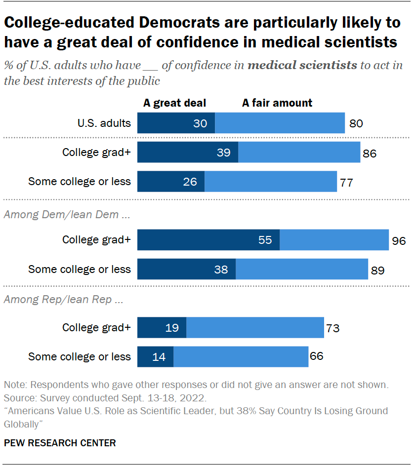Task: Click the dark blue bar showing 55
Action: tap(208, 240)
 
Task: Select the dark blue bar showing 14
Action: tap(155, 356)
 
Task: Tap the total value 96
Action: tap(399, 241)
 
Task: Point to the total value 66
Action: tap(316, 356)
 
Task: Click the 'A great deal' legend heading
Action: tap(174, 103)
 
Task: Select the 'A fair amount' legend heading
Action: tap(277, 103)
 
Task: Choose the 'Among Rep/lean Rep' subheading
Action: tap(56, 300)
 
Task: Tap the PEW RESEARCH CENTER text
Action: tap(60, 443)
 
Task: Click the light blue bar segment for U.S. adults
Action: tap(280, 123)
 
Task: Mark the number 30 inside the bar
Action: tap(200, 123)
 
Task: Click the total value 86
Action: tap(369, 153)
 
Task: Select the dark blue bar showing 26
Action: tap(170, 182)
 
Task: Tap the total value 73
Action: tap(332, 328)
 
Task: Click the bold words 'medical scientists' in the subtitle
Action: tap(302, 65)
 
